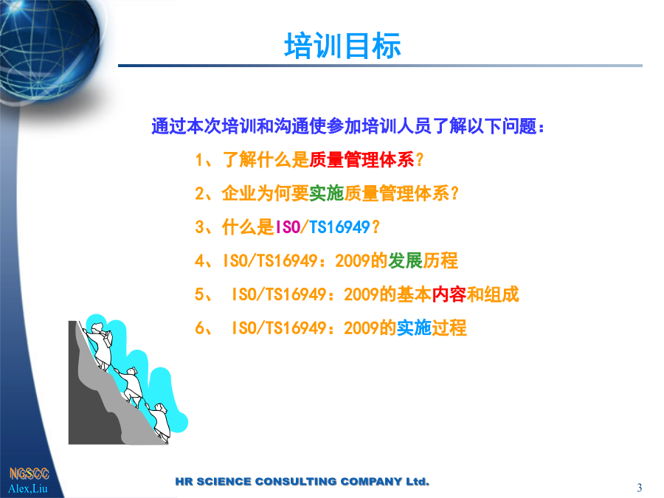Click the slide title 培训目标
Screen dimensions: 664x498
pyautogui.click(x=342, y=46)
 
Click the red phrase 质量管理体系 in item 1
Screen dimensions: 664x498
pyautogui.click(x=362, y=160)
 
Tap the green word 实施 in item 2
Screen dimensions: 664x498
pyautogui.click(x=327, y=193)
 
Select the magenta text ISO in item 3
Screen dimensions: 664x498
pyautogui.click(x=288, y=227)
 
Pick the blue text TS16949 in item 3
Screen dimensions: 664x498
pyautogui.click(x=339, y=227)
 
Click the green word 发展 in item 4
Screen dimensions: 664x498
pyautogui.click(x=405, y=260)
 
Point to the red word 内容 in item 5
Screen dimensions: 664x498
pyautogui.click(x=449, y=294)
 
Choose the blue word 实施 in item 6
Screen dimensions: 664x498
pyautogui.click(x=414, y=328)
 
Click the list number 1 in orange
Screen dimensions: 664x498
pyautogui.click(x=200, y=160)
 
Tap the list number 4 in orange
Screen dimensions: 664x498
pyautogui.click(x=200, y=261)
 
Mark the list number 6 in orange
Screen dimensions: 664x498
pyautogui.click(x=200, y=328)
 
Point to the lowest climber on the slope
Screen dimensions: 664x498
pyautogui.click(x=159, y=422)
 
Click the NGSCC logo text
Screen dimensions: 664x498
pyautogui.click(x=30, y=474)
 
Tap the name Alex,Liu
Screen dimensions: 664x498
pyautogui.click(x=28, y=488)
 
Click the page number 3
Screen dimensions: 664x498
pyautogui.click(x=640, y=488)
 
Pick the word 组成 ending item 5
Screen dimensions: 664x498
pyautogui.click(x=502, y=294)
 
